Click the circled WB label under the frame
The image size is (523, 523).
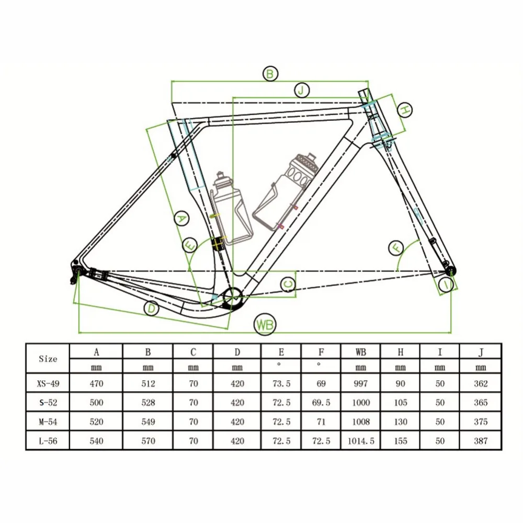[x=265, y=325]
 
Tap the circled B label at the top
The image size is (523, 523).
[x=270, y=74]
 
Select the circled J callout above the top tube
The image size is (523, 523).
[x=302, y=90]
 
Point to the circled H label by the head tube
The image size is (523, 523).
[x=405, y=110]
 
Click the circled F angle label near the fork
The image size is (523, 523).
[x=396, y=248]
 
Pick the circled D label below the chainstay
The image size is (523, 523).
[x=152, y=308]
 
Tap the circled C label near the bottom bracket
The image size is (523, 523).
[x=288, y=285]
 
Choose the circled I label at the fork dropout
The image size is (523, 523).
[x=446, y=285]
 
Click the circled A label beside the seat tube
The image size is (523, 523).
[x=181, y=219]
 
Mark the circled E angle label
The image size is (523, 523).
[x=190, y=245]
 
